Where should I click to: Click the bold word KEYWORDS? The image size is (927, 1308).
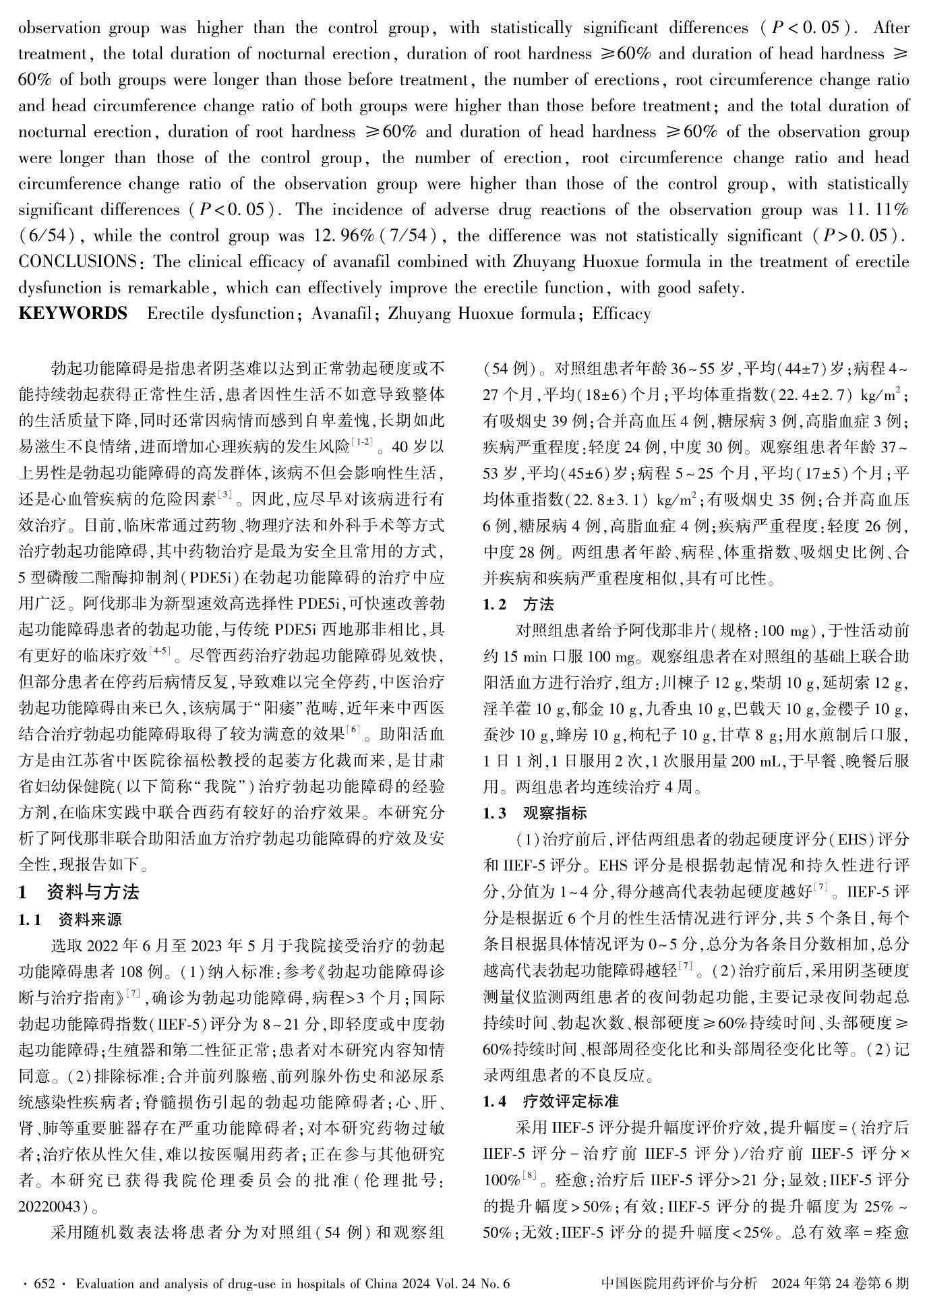[x=73, y=314]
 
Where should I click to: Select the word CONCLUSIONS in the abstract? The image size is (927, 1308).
[x=76, y=262]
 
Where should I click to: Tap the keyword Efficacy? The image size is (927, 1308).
[x=622, y=314]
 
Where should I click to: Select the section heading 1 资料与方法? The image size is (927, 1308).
[x=79, y=892]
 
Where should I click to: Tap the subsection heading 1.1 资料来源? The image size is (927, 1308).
[x=70, y=919]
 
